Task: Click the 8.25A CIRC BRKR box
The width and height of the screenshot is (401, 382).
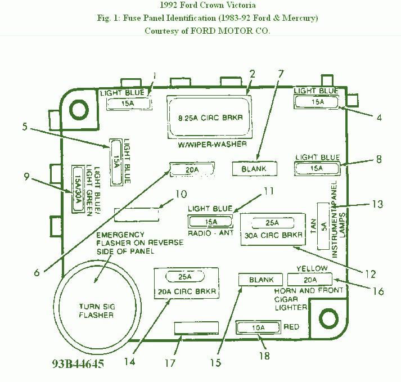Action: pos(209,117)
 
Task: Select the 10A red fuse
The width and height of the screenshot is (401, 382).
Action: pos(258,328)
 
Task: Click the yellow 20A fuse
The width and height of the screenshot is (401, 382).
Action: pos(310,280)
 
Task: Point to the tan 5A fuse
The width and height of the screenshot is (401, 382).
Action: pos(323,226)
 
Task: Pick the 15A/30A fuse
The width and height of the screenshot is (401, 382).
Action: pos(78,189)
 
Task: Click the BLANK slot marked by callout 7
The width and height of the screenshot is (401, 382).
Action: pos(254,169)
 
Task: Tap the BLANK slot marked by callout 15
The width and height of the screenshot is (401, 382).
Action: pos(260,280)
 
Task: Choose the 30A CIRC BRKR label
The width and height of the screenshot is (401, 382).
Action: pos(273,235)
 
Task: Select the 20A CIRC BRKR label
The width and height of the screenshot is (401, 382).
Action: pos(187,291)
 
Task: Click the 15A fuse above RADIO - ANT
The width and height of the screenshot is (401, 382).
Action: pos(210,222)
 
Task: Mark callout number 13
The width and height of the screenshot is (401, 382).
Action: pos(377,204)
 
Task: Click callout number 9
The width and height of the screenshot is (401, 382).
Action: pos(26,177)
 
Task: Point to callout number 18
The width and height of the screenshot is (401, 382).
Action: pos(264,356)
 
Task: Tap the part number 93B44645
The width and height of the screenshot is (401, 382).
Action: pos(78,363)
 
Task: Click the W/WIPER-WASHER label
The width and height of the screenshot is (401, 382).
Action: pos(212,145)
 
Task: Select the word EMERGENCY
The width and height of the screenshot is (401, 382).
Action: pos(120,235)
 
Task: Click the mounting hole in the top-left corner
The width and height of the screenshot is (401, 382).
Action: pos(79,110)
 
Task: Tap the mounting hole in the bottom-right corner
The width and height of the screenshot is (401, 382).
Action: pos(328,319)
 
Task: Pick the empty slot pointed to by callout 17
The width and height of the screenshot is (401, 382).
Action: pos(196,328)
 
